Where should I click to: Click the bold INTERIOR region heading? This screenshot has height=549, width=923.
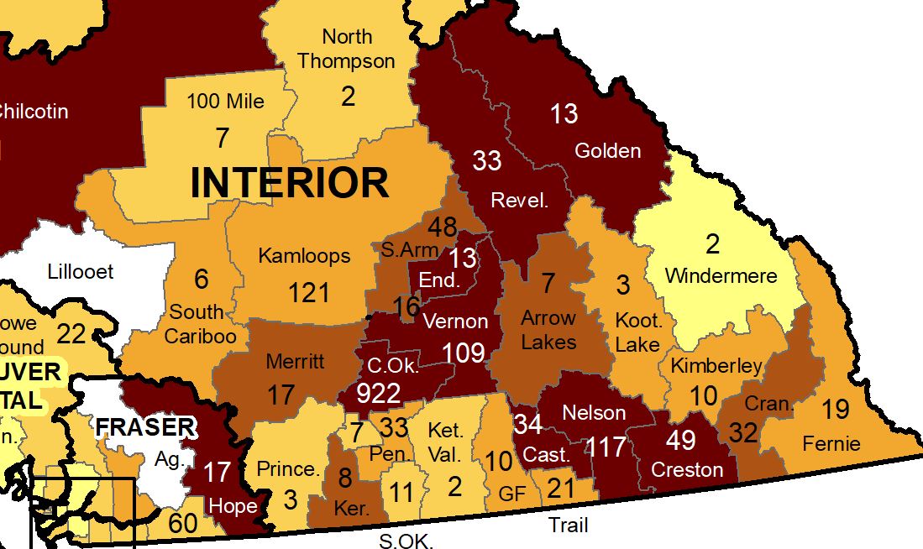[x=290, y=183]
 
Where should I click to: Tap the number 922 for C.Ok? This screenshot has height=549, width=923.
[x=378, y=393]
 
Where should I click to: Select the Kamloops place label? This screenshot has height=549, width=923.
[x=304, y=255]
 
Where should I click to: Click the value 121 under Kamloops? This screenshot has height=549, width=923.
[x=309, y=292]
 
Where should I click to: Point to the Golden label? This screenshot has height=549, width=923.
[x=607, y=151]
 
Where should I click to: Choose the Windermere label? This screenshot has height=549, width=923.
[x=721, y=275]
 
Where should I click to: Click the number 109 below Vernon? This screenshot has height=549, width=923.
[x=464, y=353]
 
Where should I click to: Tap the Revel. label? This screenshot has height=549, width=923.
[x=520, y=201]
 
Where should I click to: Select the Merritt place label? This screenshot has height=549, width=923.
[x=294, y=362]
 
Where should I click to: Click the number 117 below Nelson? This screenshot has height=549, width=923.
[x=606, y=447]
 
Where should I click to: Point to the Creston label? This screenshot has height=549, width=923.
[x=687, y=469]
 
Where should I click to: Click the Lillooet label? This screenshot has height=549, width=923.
[x=81, y=272]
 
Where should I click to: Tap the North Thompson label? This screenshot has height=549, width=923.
[x=346, y=49]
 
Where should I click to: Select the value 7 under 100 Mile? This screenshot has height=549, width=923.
[x=222, y=138]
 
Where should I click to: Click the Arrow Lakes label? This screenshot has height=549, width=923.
[x=548, y=330]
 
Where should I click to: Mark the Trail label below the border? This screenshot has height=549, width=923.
[x=568, y=525]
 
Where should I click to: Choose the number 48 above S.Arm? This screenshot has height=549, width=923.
[x=442, y=227]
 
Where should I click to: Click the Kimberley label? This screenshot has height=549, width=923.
[x=716, y=365]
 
